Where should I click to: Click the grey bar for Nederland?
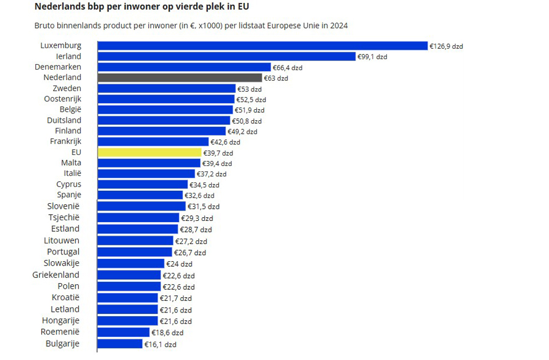[179, 78]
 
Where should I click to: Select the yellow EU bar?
[149, 153]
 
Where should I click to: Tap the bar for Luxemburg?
[262, 46]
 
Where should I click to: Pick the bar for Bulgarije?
[120, 344]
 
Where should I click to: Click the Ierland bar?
[226, 56]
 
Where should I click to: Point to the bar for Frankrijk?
[153, 142]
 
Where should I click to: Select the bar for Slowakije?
[131, 264]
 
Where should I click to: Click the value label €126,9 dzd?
[446, 46]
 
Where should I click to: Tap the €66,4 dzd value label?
[287, 68]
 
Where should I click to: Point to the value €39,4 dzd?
[217, 164]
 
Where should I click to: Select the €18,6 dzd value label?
[167, 333]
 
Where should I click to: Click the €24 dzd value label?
[179, 264]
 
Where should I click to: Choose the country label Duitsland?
[64, 120]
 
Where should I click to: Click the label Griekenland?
[56, 275]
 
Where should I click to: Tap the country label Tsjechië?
[64, 217]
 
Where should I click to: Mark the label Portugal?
[63, 251]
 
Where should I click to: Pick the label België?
[70, 109]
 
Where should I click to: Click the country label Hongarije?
[60, 320]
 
